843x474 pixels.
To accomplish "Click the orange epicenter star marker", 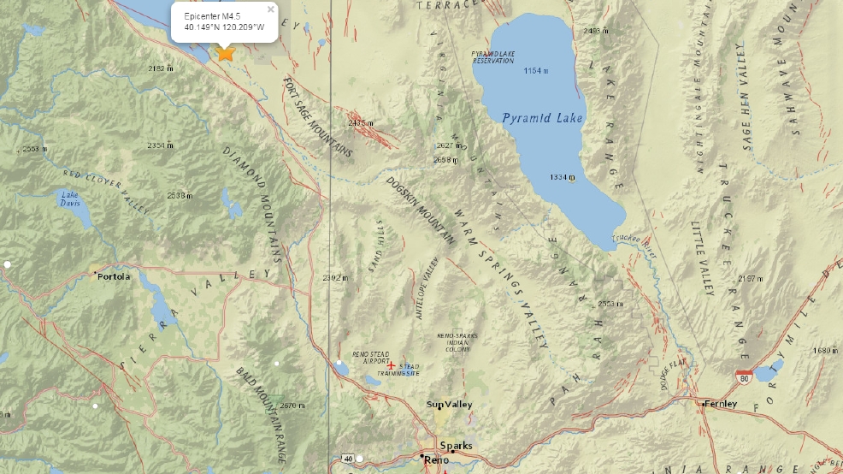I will point(226,53).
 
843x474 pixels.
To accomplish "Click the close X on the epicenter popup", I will point(271,9).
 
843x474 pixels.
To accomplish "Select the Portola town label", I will point(115,276).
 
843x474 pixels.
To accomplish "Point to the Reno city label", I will point(435,461).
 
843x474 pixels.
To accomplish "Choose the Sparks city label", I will point(456,445).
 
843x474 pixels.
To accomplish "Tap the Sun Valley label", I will point(450,405).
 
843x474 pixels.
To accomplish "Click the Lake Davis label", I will point(70,198).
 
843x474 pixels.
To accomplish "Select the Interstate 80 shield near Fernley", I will point(743,375).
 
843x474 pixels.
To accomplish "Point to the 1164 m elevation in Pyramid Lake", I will point(535,70).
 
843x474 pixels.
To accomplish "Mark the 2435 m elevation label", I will point(362,123).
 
